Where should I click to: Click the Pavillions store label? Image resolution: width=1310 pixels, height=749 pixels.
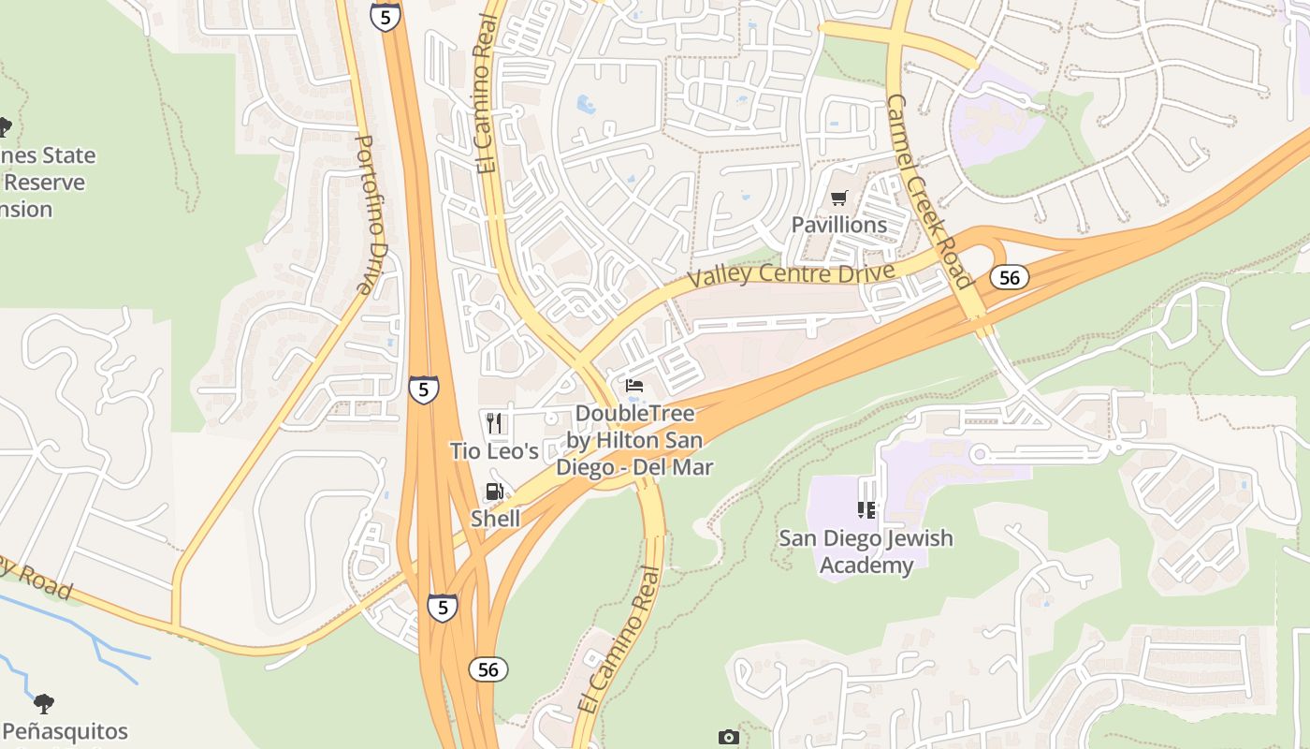click(838, 225)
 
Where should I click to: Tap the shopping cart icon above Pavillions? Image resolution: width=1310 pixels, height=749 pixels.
click(838, 198)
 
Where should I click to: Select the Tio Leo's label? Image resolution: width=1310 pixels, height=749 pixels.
click(494, 451)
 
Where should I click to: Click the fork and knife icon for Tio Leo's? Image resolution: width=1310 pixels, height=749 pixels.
click(494, 423)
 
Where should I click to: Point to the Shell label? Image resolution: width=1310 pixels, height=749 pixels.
click(495, 519)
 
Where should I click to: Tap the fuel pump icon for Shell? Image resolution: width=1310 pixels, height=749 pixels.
click(494, 492)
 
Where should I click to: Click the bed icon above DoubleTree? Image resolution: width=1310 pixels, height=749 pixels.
click(634, 386)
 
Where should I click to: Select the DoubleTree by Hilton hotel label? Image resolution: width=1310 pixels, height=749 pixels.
click(634, 440)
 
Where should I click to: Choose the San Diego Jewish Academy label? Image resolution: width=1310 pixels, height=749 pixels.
click(866, 551)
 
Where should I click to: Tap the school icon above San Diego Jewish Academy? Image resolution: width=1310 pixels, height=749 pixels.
click(866, 510)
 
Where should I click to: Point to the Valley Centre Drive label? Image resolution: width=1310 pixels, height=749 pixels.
click(790, 274)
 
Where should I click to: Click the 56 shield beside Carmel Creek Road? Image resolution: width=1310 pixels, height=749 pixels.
click(1009, 277)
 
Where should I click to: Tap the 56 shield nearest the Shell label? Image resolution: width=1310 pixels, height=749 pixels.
click(488, 668)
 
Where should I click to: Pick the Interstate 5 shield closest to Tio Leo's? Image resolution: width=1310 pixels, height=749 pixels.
click(423, 389)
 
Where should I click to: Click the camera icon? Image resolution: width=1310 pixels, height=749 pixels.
click(729, 738)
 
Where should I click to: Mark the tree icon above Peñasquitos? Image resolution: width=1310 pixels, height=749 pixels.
click(43, 703)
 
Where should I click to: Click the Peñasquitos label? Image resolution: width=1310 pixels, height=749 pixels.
click(65, 731)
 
